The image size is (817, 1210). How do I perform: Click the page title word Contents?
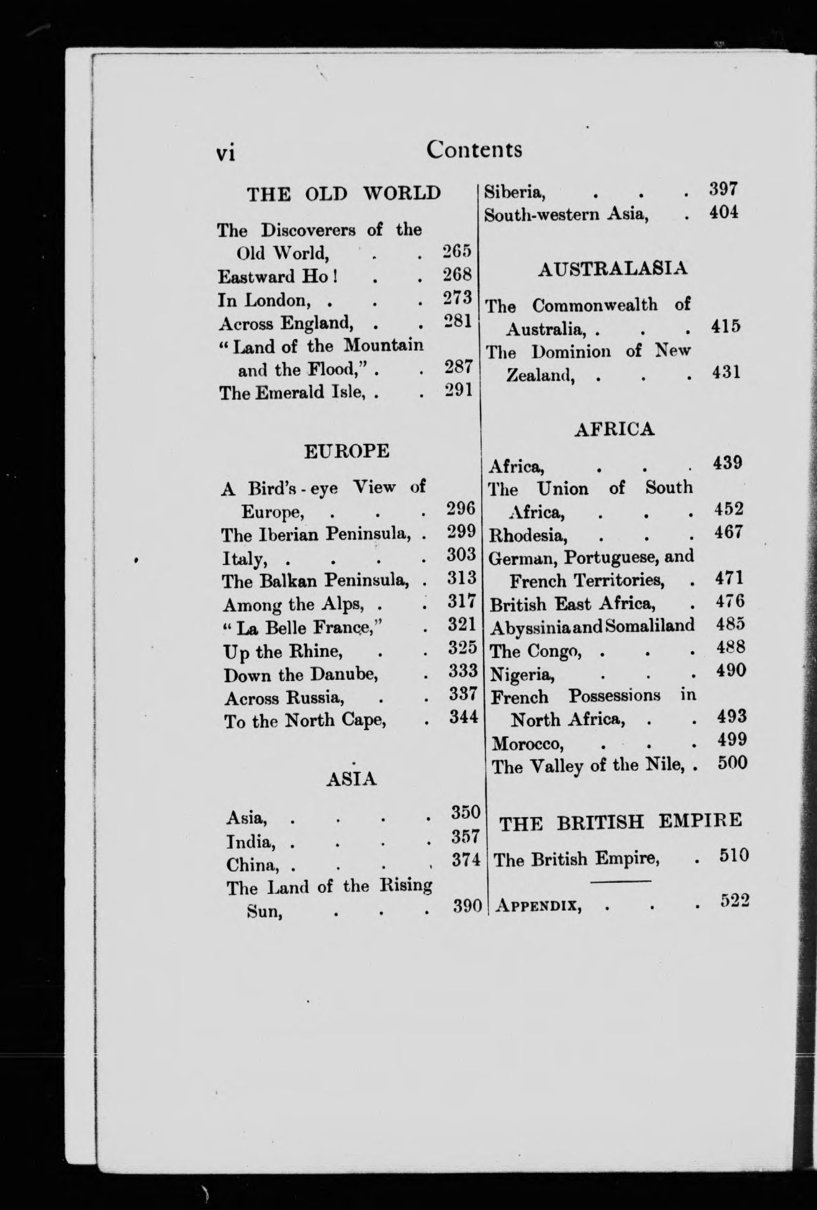474,150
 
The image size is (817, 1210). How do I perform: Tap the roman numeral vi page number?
225,153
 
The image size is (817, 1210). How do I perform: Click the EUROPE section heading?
346,451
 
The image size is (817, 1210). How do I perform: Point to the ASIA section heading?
351,779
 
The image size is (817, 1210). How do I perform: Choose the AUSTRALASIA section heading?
613,269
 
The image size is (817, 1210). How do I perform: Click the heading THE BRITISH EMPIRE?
621,822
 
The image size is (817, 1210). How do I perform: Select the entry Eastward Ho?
277,276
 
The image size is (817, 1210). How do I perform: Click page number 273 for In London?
458,298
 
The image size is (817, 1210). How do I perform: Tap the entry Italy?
245,559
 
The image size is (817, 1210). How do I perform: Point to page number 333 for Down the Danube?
463,671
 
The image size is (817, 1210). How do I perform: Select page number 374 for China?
466,861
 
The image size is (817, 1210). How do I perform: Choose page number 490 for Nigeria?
730,670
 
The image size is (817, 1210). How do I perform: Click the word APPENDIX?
538,906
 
